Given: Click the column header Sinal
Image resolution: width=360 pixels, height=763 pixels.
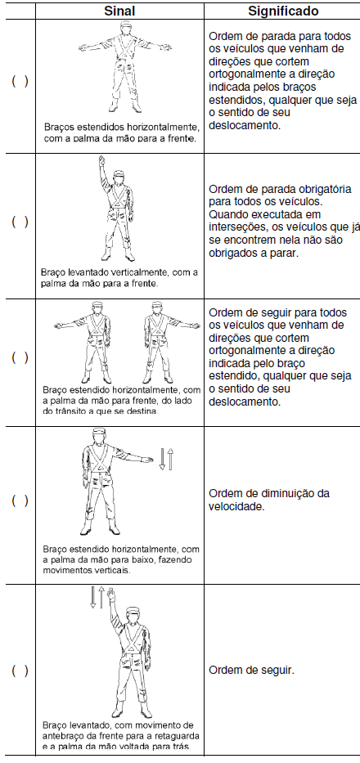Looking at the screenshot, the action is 119,11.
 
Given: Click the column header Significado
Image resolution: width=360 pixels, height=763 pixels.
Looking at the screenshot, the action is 283,11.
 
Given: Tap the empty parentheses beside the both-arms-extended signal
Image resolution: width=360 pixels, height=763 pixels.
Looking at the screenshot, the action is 20,81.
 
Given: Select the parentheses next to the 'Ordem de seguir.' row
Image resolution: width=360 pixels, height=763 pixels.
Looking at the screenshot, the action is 20,671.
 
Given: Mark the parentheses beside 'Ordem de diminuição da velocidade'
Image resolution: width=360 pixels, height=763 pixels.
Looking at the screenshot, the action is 20,500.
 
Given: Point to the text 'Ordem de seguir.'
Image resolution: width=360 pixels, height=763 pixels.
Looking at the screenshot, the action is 251,671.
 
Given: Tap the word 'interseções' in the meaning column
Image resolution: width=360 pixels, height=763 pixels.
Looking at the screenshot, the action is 236,227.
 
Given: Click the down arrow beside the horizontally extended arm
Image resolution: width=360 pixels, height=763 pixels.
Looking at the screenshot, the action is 162,460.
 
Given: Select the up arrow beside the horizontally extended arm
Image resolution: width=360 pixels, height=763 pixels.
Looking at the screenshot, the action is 170,460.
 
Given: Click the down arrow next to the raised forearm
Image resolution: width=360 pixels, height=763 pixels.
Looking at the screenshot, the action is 93,598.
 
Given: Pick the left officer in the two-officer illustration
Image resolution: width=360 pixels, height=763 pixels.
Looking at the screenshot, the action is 89,342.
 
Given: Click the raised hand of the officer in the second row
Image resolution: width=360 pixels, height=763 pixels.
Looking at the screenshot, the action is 101,161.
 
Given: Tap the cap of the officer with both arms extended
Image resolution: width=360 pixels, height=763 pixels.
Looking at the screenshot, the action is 126,25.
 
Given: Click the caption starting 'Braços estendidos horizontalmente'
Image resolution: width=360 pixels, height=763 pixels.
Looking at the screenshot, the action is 122,132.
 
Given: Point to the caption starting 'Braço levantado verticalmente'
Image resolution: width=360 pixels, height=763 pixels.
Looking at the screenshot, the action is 120,278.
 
